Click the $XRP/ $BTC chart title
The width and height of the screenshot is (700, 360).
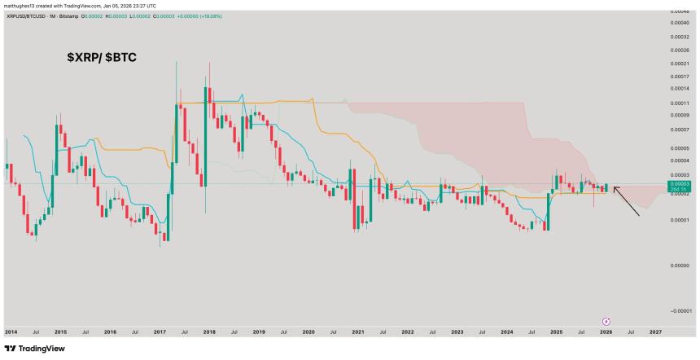[x=102, y=59]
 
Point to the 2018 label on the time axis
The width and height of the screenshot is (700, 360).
[x=209, y=332]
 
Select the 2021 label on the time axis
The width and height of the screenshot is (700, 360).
[x=358, y=332]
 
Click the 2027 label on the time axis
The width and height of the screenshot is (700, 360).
[x=655, y=332]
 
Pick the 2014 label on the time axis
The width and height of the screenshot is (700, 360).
[x=11, y=332]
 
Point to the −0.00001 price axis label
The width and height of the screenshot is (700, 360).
[x=680, y=310]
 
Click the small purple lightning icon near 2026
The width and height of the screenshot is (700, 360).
[x=606, y=321]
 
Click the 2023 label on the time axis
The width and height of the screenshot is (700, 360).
[x=457, y=332]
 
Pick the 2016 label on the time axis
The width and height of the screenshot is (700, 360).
[x=110, y=332]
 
